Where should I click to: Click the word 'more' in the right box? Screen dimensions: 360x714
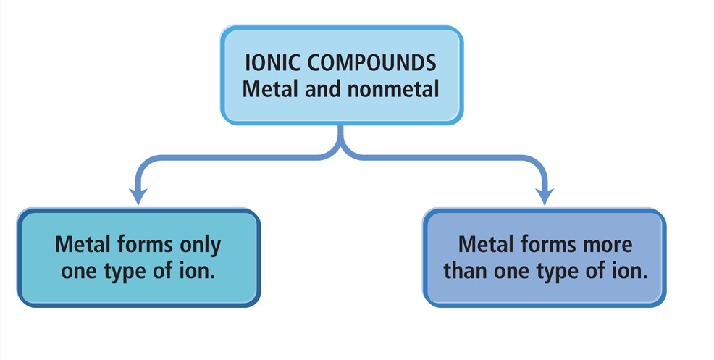[604, 244]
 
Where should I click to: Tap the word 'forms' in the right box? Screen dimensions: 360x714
[547, 244]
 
